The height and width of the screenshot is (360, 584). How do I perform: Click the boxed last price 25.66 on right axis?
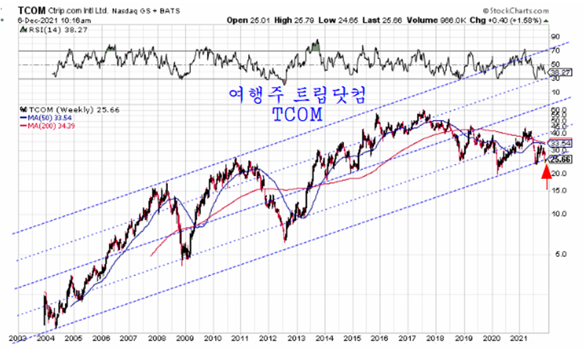tap(561, 158)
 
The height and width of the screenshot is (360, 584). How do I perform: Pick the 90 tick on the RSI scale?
tap(556, 35)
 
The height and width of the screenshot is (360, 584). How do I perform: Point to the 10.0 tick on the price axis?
tap(561, 213)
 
